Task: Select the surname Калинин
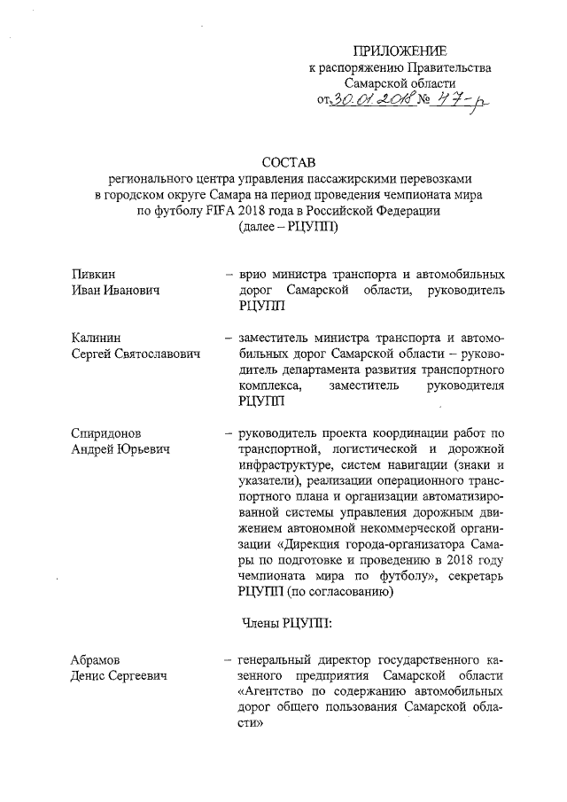[97, 338]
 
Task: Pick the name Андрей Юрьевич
[120, 450]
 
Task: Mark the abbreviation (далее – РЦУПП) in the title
[289, 226]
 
